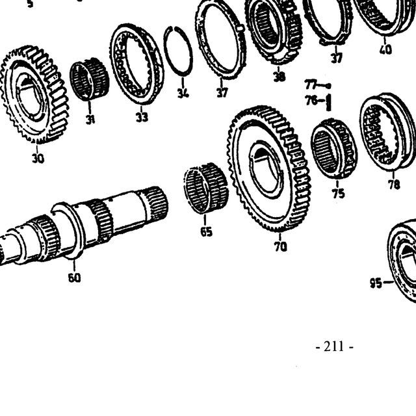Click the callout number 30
click(38, 159)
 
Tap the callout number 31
click(90, 120)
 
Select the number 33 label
click(142, 117)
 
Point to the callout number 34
click(183, 93)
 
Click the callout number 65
click(206, 231)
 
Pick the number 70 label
click(281, 247)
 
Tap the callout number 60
click(74, 278)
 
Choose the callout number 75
click(339, 193)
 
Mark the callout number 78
click(394, 185)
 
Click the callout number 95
click(376, 283)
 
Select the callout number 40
click(385, 49)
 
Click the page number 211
click(335, 346)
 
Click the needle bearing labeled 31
click(89, 79)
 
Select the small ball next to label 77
click(328, 86)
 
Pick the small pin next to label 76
click(328, 102)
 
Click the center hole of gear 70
click(265, 169)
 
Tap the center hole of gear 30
click(30, 95)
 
